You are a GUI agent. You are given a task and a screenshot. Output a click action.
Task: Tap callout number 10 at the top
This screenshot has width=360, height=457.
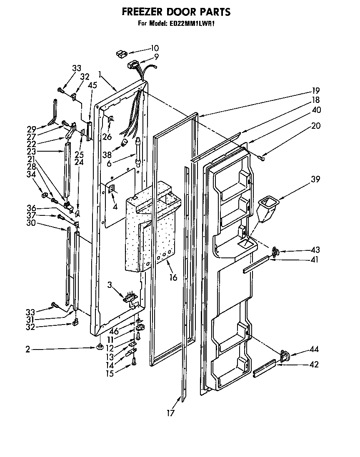tap(155, 48)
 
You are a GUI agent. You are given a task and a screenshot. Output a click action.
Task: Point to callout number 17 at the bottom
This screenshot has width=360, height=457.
tap(170, 413)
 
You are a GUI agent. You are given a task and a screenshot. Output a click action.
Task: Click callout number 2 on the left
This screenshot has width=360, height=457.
tap(27, 350)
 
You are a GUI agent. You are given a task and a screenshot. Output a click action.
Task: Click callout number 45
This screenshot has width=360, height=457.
tap(92, 86)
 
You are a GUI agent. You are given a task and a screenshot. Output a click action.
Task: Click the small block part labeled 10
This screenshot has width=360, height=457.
tap(121, 53)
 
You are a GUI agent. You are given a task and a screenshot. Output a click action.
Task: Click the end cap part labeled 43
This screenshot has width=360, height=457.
tap(275, 251)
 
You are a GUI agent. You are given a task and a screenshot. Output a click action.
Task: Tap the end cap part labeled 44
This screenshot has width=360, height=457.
tap(285, 355)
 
